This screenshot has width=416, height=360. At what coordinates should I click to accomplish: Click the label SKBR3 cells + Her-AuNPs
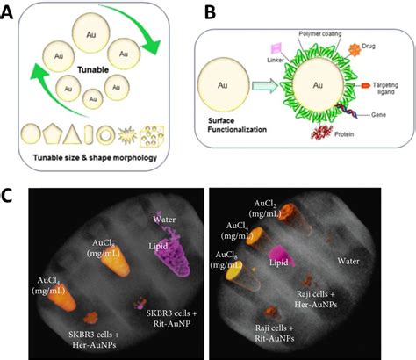[x=94, y=340]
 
